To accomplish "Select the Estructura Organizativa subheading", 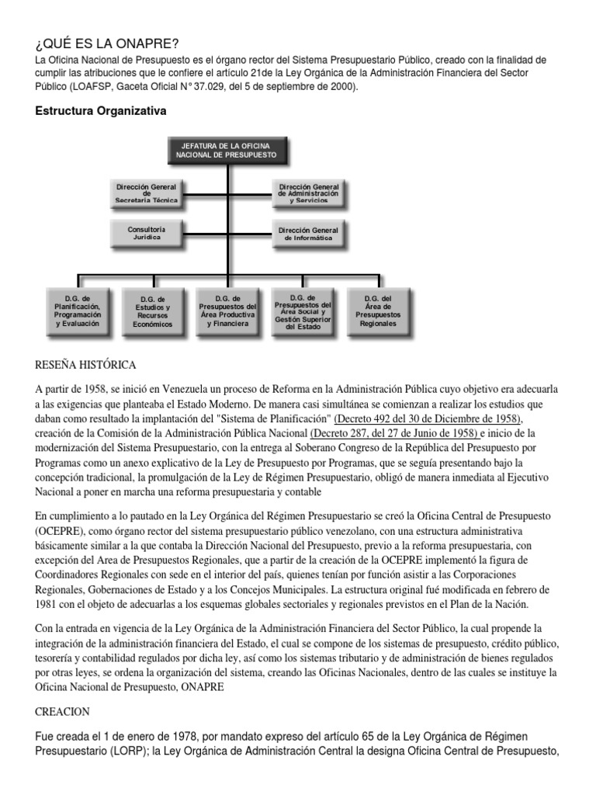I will [x=101, y=111].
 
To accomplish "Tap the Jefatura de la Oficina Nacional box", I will [x=227, y=150].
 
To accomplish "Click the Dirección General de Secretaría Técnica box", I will [x=146, y=193].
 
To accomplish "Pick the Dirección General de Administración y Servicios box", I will [x=308, y=193].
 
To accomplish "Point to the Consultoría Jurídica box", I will [x=146, y=233].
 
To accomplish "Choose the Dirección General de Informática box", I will [x=308, y=234].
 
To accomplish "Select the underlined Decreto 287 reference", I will [x=393, y=433].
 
